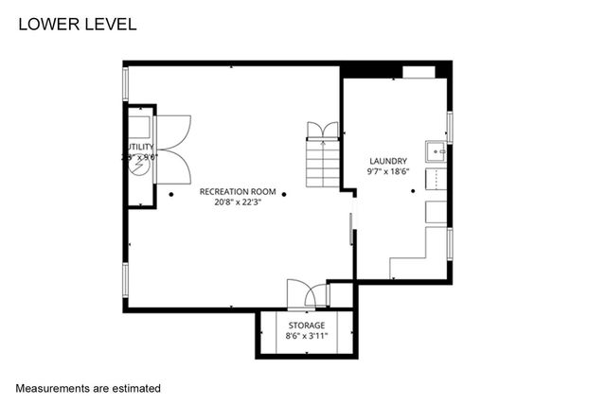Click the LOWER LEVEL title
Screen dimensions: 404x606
78,24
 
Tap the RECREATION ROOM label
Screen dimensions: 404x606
238,191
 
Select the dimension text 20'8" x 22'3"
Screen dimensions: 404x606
238,202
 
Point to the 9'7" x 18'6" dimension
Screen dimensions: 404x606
388,172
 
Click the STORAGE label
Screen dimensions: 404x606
307,325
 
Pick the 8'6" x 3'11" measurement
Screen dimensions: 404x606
307,335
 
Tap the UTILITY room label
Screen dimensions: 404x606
138,148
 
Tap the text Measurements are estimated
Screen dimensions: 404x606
88,388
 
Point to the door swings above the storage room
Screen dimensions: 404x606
307,294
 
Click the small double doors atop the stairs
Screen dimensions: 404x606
323,130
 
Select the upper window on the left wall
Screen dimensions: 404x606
125,84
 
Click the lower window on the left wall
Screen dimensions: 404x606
125,280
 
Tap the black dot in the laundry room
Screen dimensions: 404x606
413,191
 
